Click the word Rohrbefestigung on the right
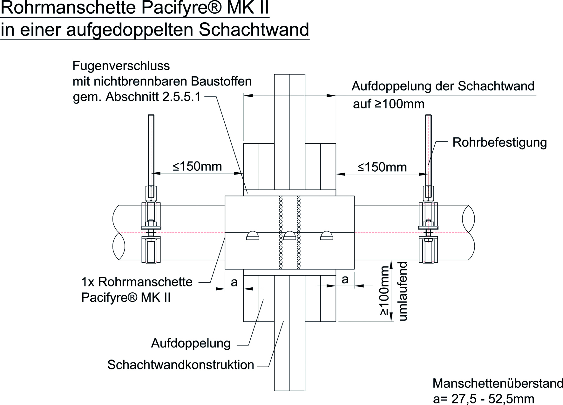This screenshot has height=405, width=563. pos(499,143)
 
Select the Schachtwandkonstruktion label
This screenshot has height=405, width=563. pos(180,365)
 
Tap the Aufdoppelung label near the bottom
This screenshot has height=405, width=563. pos(191,343)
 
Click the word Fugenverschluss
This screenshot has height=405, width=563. pos(121,66)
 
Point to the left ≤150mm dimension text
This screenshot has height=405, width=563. pos(197,166)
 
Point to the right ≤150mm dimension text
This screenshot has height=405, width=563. pos(382,167)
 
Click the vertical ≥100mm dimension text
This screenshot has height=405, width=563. pos(385,291)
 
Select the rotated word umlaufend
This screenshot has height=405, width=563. pos(403,291)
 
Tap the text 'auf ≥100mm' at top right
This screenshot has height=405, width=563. pos(389,104)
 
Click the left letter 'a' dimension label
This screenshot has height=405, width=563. pos(234,282)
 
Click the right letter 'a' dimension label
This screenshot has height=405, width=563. pos(345,279)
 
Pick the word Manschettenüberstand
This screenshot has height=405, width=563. pos(498,383)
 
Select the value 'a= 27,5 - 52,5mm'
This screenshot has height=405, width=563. pos(483,399)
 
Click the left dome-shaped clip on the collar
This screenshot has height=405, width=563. pos(253,236)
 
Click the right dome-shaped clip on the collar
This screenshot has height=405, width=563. pos(327,236)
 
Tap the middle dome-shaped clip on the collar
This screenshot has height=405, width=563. pos(290,236)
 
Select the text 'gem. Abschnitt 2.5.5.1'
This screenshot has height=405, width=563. pos(137,97)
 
